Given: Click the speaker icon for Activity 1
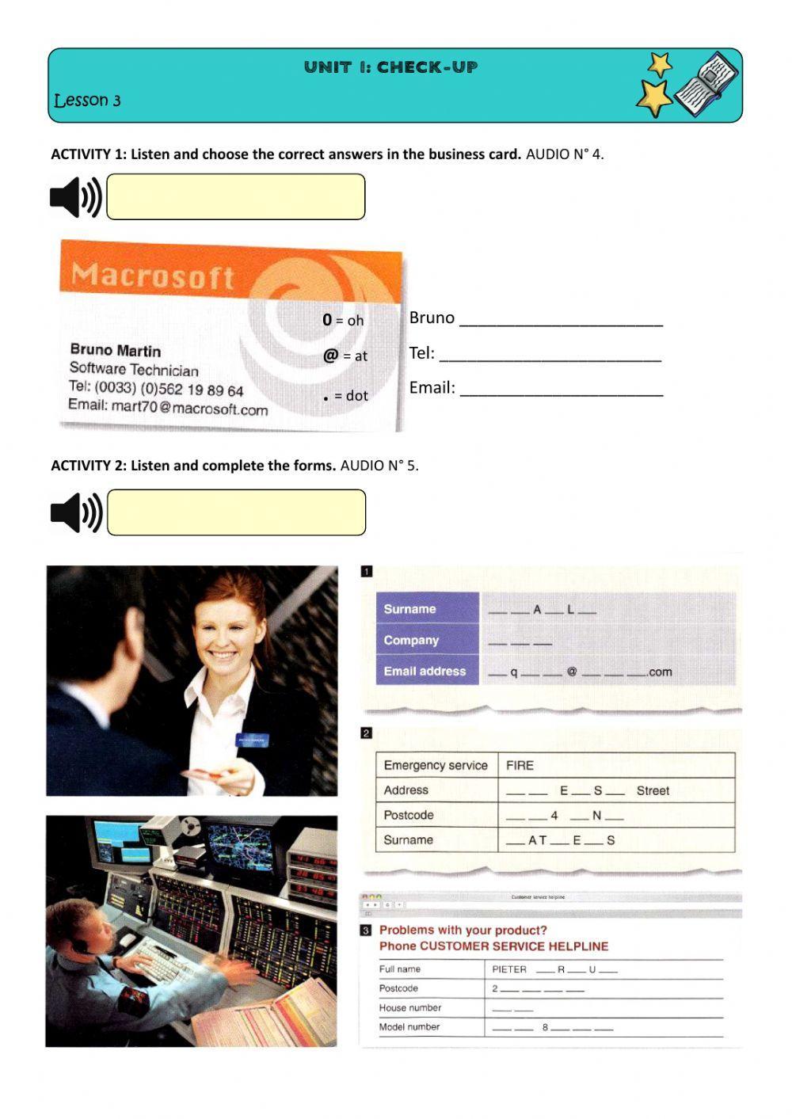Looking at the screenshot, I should (75, 197).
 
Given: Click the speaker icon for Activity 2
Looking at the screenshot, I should (76, 512).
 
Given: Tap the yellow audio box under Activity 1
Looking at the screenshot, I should (235, 197).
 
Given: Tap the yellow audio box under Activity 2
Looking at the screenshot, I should (236, 512).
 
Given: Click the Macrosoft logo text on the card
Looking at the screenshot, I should (152, 276).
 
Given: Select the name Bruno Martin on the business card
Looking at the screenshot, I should (115, 350).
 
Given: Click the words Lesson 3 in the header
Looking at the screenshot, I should (87, 101).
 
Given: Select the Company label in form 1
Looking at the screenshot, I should (410, 640).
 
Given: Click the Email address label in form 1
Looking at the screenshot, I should (425, 671).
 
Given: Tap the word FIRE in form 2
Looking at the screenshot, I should (520, 765).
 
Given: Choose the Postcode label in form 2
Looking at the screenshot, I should (408, 815).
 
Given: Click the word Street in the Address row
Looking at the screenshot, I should (653, 790).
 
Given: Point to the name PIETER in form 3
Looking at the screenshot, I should (508, 969).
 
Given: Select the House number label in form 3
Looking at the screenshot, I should (409, 1007).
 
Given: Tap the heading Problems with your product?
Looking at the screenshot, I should (463, 931).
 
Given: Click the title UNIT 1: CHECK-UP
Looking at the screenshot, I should (390, 67).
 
